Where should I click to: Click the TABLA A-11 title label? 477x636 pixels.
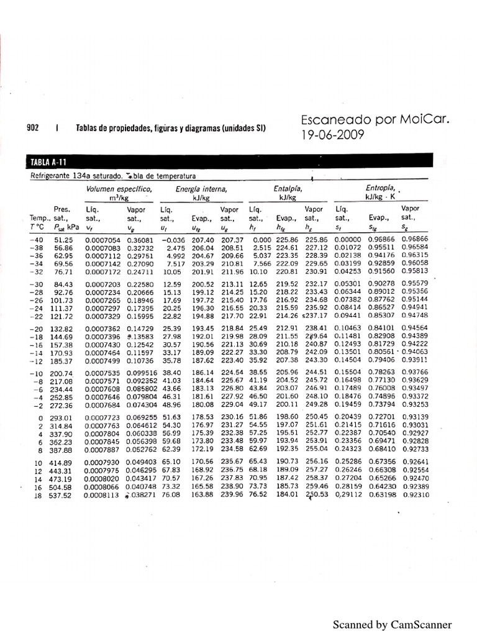coord(48,163)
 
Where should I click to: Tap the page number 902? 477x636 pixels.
coord(33,129)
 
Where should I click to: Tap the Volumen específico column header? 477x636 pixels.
coord(119,188)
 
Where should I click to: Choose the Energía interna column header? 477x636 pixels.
coord(201,188)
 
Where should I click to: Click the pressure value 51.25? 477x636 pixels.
coord(64,239)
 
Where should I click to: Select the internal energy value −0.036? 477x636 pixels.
coord(173,239)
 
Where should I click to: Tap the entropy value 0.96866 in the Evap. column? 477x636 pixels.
coord(381,239)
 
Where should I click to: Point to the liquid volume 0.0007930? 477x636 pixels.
coord(101,462)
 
